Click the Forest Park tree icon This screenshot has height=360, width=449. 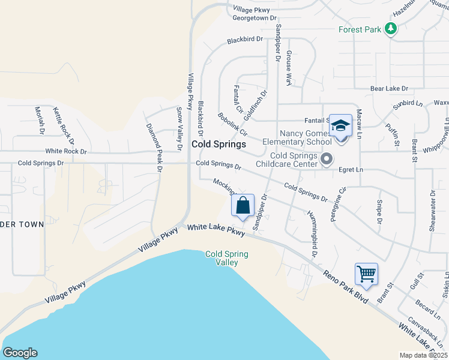tap(391, 28)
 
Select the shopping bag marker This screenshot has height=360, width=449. tap(243, 206)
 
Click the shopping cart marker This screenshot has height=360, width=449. tap(366, 274)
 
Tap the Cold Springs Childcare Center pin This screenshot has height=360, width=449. tap(327, 159)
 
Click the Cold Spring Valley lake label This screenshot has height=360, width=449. tap(226, 259)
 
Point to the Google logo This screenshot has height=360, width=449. tap(20, 353)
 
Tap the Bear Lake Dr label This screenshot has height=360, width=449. tap(389, 88)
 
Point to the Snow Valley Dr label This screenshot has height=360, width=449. tap(179, 129)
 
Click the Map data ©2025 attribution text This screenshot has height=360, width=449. tap(423, 355)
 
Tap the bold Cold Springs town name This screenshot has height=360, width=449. tap(218, 145)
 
